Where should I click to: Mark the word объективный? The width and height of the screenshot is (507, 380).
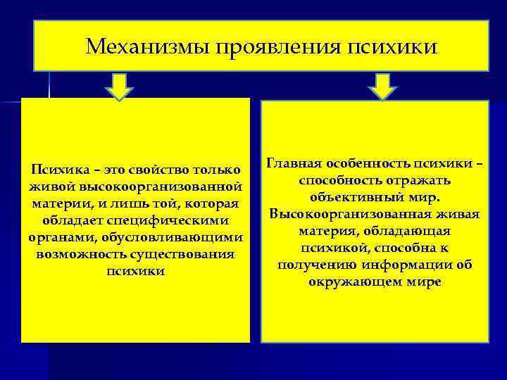pyautogui.click(x=355, y=197)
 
